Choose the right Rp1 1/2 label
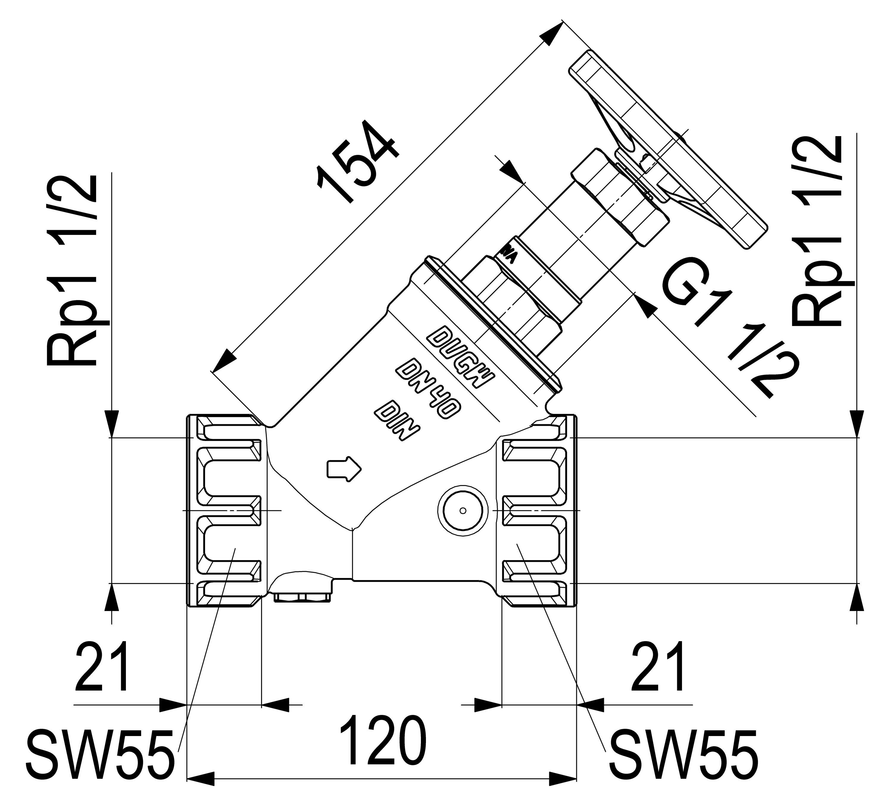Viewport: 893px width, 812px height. click(818, 230)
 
